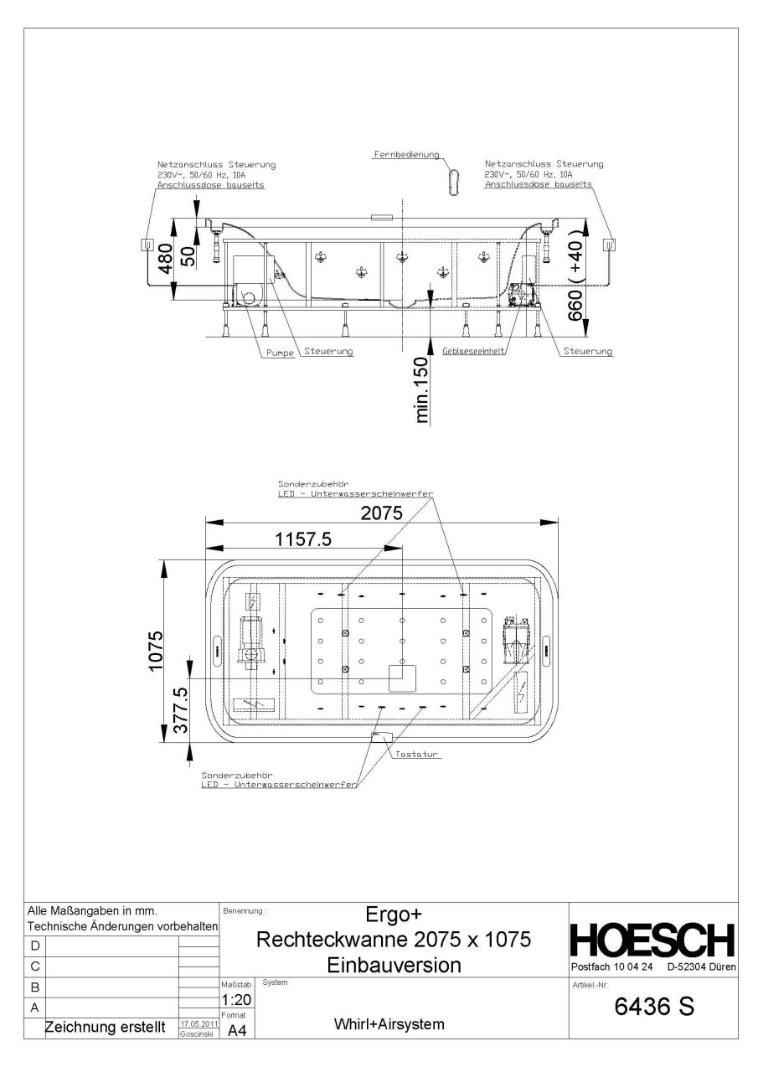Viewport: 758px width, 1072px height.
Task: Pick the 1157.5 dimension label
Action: (x=304, y=540)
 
